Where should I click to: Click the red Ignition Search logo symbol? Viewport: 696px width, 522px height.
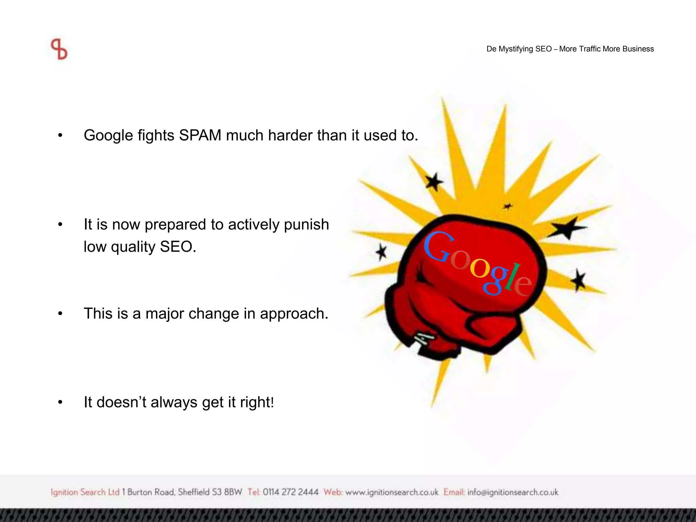(x=59, y=49)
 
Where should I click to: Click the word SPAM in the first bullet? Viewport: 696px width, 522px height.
(x=200, y=135)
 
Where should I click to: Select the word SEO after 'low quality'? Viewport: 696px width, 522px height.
(x=178, y=247)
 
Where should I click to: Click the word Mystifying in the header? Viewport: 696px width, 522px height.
(x=515, y=49)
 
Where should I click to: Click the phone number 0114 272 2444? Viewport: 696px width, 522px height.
(x=291, y=492)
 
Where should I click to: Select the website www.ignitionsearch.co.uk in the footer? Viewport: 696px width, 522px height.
(x=392, y=492)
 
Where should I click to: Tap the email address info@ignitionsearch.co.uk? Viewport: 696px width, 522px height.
(x=512, y=492)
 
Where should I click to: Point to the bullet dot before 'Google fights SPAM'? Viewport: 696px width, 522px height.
(x=60, y=136)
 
